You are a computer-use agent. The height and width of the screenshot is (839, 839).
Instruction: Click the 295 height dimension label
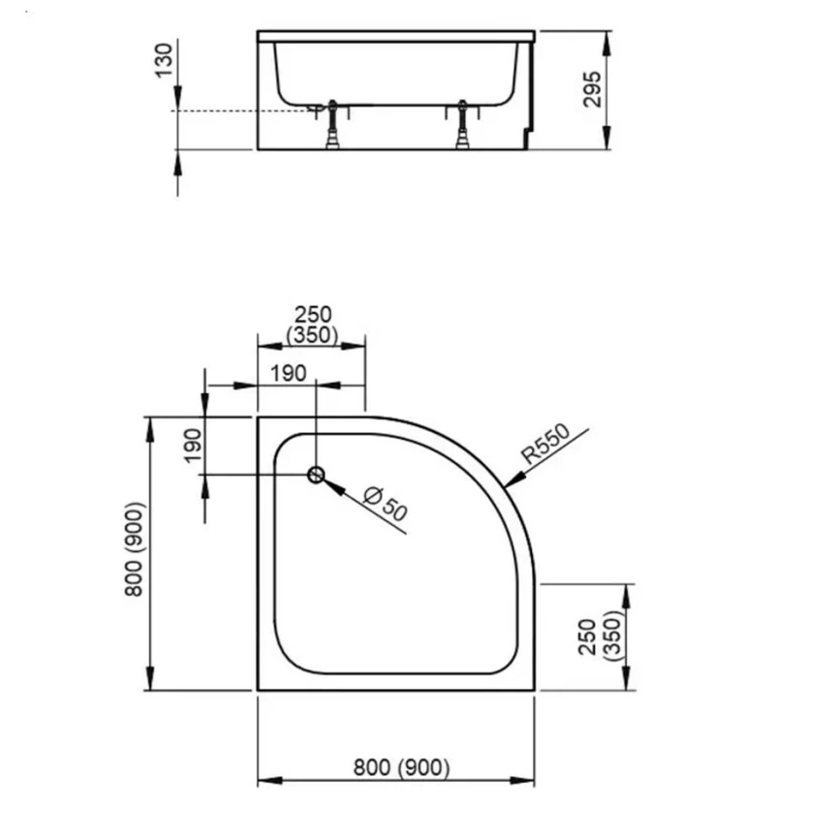(595, 89)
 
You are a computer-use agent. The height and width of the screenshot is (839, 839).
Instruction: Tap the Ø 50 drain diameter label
(384, 504)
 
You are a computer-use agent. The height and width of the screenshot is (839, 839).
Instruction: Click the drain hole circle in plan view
(316, 475)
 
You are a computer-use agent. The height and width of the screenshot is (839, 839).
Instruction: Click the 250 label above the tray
(312, 315)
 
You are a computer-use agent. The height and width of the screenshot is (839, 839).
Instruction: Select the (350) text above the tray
(312, 336)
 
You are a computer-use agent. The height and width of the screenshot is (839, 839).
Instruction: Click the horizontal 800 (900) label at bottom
(401, 768)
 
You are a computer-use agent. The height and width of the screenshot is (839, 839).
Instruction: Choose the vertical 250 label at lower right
(587, 636)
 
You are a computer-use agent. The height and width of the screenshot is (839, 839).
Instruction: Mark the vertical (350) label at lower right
(609, 636)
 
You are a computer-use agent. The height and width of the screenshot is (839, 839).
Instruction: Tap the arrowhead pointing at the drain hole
(330, 483)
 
